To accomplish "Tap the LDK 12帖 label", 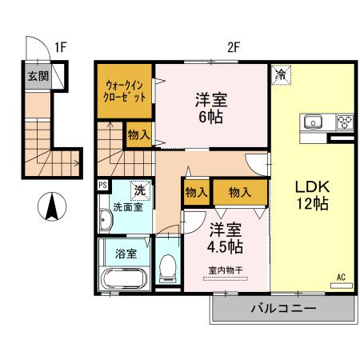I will click(x=312, y=195).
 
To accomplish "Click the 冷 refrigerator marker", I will click(x=281, y=74).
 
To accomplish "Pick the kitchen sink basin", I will click(x=313, y=123).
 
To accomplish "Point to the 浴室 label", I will click(x=125, y=254).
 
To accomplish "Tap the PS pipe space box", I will click(x=102, y=185).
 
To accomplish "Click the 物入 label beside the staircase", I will click(x=138, y=135).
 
